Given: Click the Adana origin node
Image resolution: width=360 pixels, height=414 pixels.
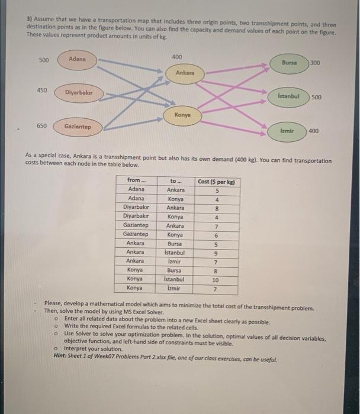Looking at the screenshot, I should pos(77,59).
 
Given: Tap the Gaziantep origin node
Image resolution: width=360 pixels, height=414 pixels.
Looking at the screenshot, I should pos(78,127).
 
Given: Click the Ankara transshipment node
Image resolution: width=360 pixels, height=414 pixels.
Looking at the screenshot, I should pos(185,73).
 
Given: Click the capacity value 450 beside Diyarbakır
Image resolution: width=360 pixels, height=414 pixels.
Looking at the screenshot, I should pos(42,90).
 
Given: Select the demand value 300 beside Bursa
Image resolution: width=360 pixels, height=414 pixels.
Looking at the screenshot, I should pos(315,62).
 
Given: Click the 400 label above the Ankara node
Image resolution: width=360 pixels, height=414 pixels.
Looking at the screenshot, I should pos(177,57).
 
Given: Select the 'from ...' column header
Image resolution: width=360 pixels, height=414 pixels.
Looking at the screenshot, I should pos(134,180).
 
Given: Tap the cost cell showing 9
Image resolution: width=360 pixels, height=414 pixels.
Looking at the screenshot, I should pos(217,252).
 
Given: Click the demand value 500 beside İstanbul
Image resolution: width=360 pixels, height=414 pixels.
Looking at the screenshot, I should pos(317,98).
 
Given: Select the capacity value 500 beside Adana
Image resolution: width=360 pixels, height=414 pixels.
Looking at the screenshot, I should pos(44,59).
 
